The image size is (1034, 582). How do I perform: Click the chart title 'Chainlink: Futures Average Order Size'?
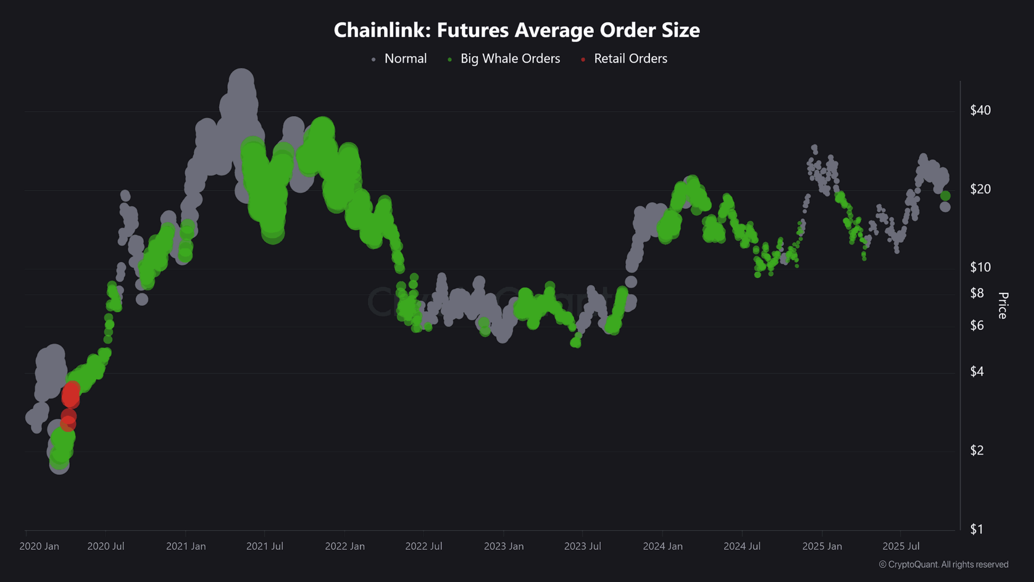point(516,30)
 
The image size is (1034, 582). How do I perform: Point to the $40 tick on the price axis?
point(980,110)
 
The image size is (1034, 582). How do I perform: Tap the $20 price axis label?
point(980,189)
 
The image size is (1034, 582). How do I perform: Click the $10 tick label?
point(980,267)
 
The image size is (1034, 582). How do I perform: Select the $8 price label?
point(977,293)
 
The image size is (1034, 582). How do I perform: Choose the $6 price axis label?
point(977,325)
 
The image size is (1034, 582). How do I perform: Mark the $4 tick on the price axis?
point(977,372)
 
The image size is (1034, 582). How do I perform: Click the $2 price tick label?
point(977,450)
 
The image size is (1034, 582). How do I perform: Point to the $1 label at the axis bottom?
point(977,529)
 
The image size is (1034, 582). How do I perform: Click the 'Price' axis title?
point(1003,306)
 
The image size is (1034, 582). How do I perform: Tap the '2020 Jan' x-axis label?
point(39,546)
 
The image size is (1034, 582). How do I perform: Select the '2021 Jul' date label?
point(265,546)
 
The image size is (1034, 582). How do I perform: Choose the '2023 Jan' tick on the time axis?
point(503,546)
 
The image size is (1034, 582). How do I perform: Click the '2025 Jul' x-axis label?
point(901,546)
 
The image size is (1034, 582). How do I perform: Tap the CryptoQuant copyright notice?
point(943,564)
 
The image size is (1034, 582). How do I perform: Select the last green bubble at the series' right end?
point(945,196)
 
